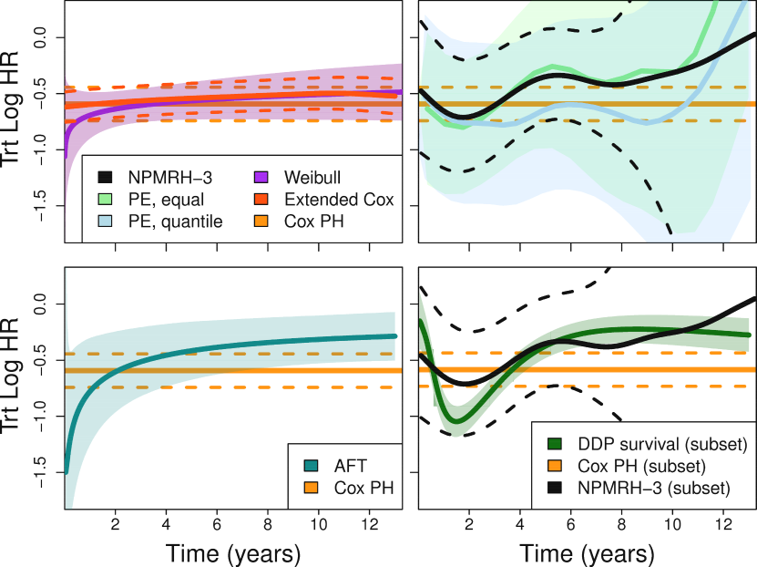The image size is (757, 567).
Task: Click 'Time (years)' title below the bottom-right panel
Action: pyautogui.click(x=587, y=553)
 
